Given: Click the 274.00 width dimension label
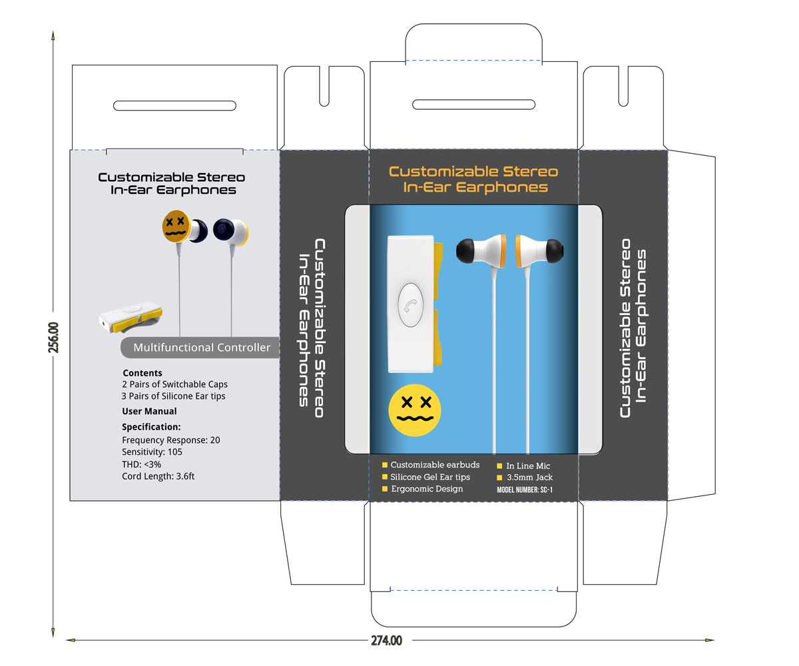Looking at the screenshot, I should tap(386, 641).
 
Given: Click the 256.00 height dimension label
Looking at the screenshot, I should tap(55, 338).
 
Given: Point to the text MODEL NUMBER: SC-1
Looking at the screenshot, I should tap(525, 490).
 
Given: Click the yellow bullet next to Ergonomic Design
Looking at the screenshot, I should tap(385, 489).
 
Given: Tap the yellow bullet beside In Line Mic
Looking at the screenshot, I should tap(500, 466).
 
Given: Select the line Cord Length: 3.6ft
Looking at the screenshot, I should tap(158, 476).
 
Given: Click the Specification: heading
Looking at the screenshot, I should tap(151, 427).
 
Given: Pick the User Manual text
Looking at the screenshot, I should tap(149, 412).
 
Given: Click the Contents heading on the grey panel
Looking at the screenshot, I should tap(142, 373).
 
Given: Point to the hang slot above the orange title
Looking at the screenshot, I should tap(474, 105).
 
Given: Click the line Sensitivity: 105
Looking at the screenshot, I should tap(152, 452).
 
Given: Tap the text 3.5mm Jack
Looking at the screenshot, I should tap(529, 478).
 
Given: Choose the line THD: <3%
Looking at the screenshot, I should tap(142, 464).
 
